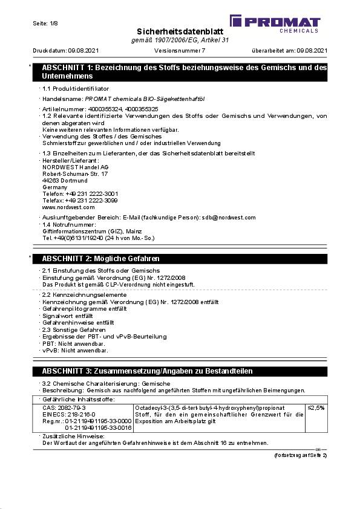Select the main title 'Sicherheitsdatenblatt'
180,31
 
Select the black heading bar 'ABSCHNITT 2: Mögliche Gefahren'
182,258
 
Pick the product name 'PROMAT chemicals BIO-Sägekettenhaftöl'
137,98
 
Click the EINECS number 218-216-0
79,414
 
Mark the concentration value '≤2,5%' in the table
316,408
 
